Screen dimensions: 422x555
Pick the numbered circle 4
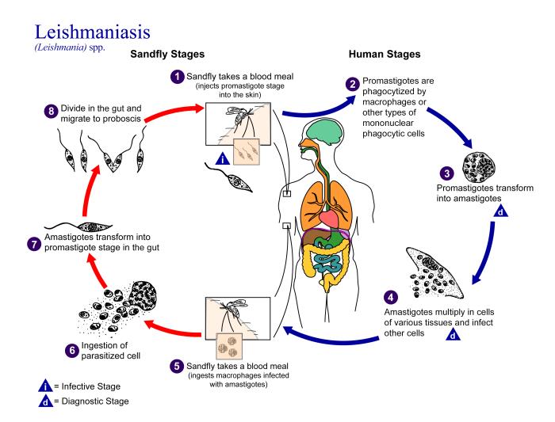tap(367, 298)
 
